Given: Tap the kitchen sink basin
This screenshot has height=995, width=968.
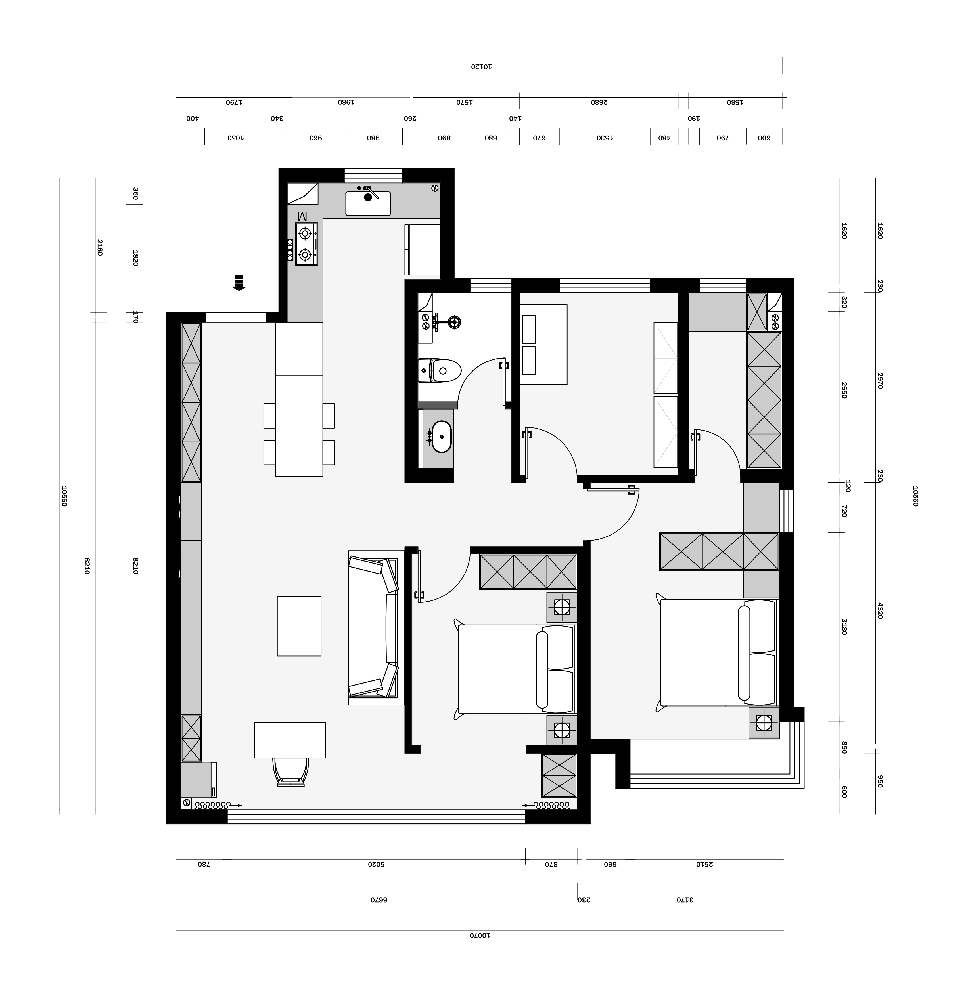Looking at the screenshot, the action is click(x=368, y=203).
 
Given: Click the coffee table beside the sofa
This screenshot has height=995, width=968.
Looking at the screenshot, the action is click(x=299, y=626).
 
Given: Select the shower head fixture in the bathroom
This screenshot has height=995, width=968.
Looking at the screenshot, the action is click(x=455, y=321).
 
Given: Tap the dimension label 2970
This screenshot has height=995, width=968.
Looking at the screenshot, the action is click(x=880, y=380).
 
